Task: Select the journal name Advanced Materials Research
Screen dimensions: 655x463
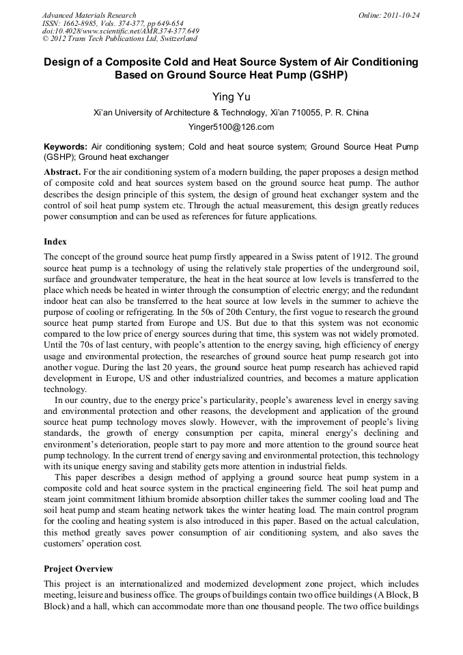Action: (89, 15)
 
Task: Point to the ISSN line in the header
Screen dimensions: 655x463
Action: (112, 23)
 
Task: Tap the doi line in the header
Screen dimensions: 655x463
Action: (120, 31)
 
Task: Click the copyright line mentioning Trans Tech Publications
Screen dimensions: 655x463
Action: (120, 39)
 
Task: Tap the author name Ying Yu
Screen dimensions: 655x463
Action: (231, 97)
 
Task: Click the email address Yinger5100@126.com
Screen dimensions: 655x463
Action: (231, 127)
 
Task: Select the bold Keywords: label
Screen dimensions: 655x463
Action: (66, 147)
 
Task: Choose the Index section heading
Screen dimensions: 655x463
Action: (55, 242)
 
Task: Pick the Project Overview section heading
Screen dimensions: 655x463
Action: (79, 569)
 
